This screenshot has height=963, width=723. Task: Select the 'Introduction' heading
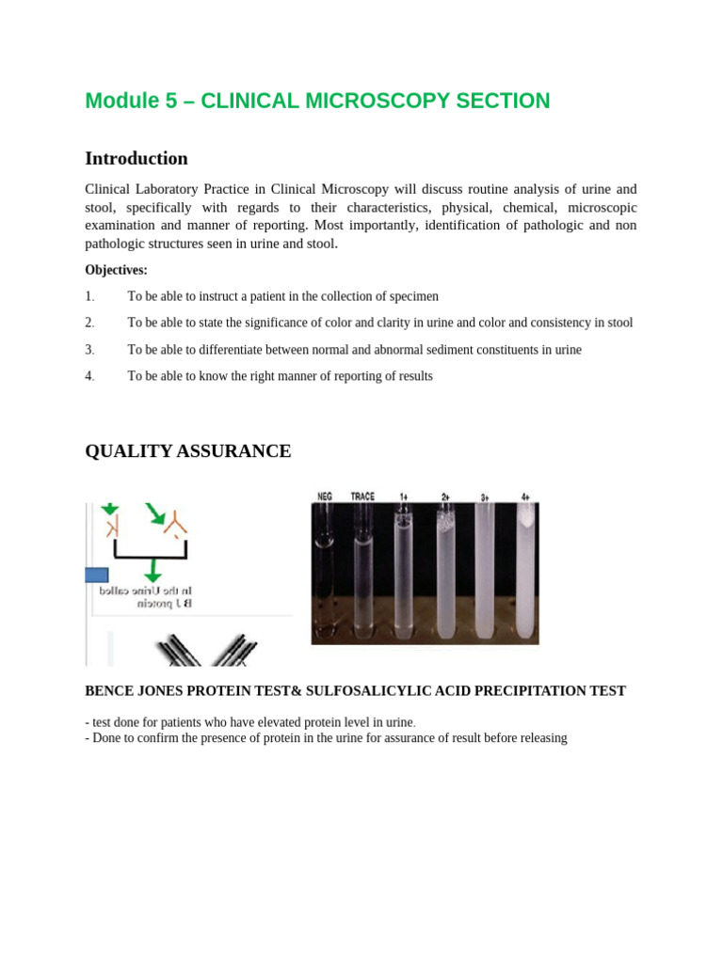point(137,158)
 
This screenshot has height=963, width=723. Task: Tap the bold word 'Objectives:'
point(116,270)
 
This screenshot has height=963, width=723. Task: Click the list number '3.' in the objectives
point(90,350)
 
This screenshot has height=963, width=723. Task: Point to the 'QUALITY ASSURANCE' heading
point(188,451)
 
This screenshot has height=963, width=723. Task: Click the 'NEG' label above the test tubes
point(325,496)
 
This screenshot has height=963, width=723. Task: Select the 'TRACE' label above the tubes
point(363,496)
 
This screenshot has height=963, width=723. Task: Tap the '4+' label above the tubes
point(525,496)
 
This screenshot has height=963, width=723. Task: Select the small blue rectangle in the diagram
point(97,575)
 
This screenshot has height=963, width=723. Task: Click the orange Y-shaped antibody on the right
point(175,523)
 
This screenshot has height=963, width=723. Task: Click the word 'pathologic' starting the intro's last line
point(115,245)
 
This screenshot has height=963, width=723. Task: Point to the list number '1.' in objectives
point(90,296)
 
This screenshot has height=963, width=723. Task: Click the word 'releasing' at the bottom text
point(541,738)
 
